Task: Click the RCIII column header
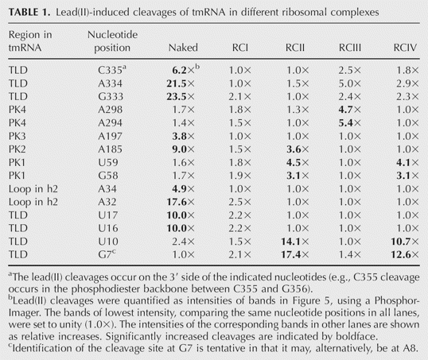pos(350,48)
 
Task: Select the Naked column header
pos(183,48)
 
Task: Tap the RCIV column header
pos(405,48)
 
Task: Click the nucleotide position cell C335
pos(112,70)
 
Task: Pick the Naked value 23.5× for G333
pos(181,96)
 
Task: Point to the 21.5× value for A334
pos(181,83)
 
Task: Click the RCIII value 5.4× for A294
pos(350,123)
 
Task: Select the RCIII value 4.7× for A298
pos(350,110)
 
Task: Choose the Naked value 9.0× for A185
pos(183,149)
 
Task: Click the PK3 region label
pos(18,136)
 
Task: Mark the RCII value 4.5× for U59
pos(298,163)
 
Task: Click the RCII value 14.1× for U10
pos(295,242)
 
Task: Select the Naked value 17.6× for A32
pos(181,202)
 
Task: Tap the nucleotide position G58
pos(108,176)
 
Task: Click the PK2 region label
pos(18,149)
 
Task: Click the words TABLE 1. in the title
pos(29,12)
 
